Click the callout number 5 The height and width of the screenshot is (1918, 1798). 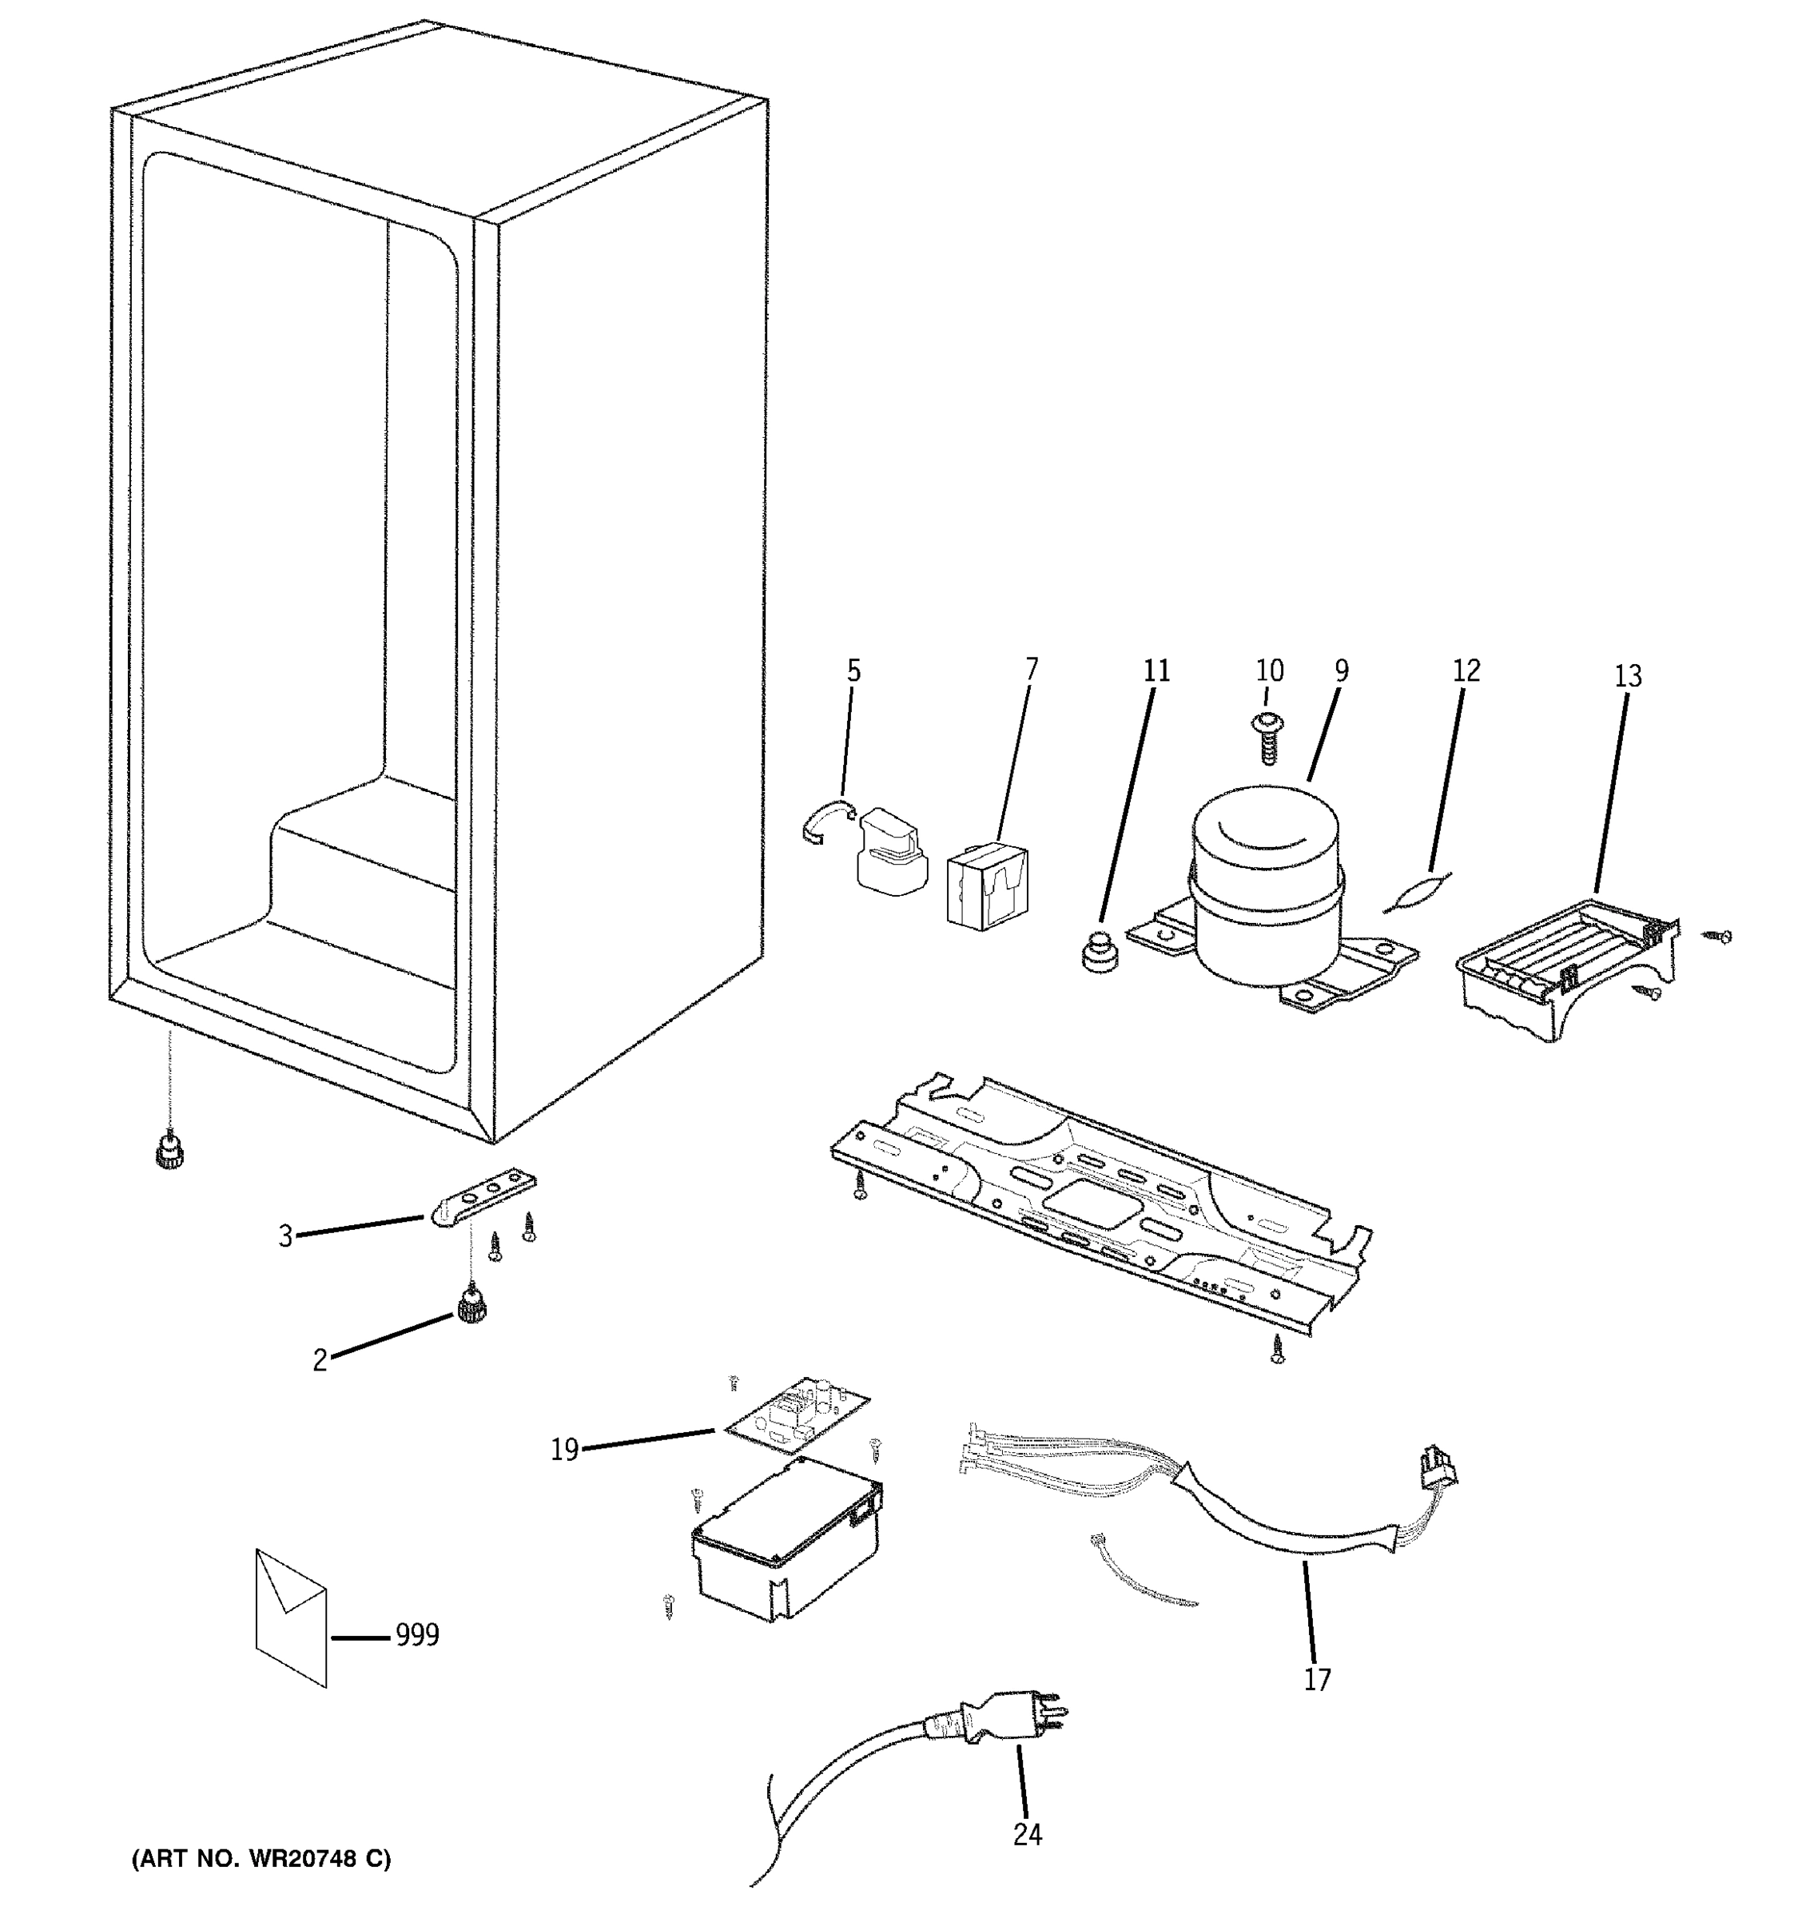point(853,671)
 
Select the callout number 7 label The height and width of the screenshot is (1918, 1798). point(1031,669)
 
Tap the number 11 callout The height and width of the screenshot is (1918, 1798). point(1156,671)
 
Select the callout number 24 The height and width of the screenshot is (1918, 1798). point(1028,1834)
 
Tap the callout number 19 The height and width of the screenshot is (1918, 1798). point(564,1449)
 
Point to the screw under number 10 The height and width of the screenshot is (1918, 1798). point(1268,740)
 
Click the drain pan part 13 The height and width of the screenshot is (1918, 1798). point(1562,969)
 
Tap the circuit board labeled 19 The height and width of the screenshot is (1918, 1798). point(796,1415)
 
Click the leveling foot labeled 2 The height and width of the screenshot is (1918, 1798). point(471,1307)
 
